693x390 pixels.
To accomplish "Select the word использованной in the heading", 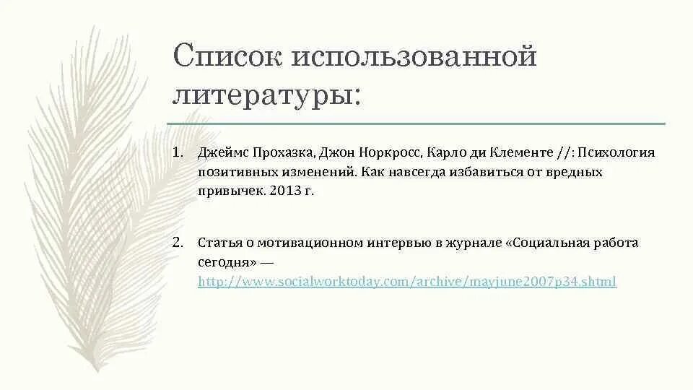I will tap(414, 57).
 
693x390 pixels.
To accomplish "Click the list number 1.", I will tap(178, 154).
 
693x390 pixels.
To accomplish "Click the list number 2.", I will tap(178, 243).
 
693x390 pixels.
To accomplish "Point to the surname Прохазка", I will tap(278, 154).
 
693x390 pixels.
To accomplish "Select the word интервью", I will tap(399, 243).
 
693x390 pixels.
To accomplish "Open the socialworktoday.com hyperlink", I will tap(407, 282).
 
